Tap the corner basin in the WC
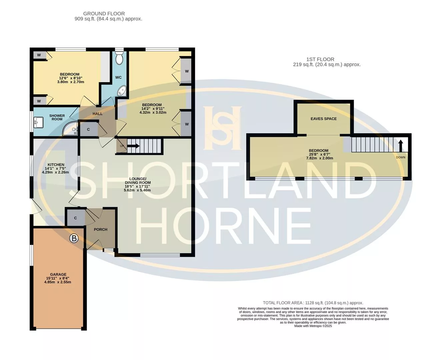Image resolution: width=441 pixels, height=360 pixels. (122, 91)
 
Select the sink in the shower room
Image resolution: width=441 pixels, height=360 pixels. (38, 122)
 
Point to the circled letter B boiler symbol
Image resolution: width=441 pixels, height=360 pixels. (74, 238)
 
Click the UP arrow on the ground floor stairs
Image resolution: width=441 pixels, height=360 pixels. (133, 146)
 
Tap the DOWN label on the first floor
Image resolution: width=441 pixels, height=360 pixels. (401, 157)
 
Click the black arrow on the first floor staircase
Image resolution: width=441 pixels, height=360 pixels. (401, 146)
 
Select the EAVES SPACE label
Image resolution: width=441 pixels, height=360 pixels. (323, 119)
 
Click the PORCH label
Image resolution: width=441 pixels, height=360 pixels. (101, 229)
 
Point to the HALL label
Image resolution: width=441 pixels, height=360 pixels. (97, 114)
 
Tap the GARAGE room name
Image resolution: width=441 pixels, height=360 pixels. (58, 274)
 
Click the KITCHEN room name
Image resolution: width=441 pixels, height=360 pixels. (56, 165)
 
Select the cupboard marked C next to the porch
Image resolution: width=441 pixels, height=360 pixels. (75, 218)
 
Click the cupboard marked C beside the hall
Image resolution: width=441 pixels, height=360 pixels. (89, 129)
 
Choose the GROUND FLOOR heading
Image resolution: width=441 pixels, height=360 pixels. (104, 14)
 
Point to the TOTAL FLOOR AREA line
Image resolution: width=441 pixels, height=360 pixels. (313, 303)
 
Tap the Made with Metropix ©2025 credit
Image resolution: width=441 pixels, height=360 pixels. (313, 326)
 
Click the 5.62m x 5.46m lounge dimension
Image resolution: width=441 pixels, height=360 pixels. (137, 190)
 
